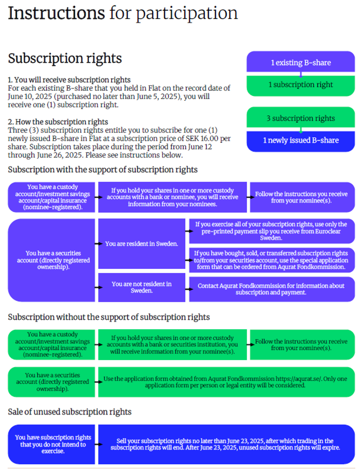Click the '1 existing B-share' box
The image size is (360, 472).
click(x=300, y=62)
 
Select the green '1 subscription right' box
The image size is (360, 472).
click(x=300, y=85)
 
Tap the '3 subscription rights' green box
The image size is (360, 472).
click(x=300, y=118)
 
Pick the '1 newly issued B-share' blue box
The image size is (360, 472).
click(x=300, y=140)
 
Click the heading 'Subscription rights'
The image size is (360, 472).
click(x=65, y=59)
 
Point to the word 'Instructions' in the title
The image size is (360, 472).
click(x=56, y=13)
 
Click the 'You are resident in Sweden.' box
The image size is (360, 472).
click(x=141, y=244)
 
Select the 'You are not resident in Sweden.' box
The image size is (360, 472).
click(x=141, y=287)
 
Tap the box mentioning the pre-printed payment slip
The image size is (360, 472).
click(x=272, y=231)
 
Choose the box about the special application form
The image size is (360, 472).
click(x=272, y=260)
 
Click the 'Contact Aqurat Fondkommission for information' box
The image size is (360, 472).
click(x=272, y=289)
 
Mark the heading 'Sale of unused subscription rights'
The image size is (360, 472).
click(x=69, y=412)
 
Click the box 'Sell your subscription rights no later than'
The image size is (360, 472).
click(x=226, y=444)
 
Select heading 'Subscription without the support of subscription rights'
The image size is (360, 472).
click(x=109, y=317)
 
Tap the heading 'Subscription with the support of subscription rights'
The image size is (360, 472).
click(x=103, y=169)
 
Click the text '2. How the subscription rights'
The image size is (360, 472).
click(x=58, y=121)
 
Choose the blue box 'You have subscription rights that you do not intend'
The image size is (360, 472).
click(x=53, y=444)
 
